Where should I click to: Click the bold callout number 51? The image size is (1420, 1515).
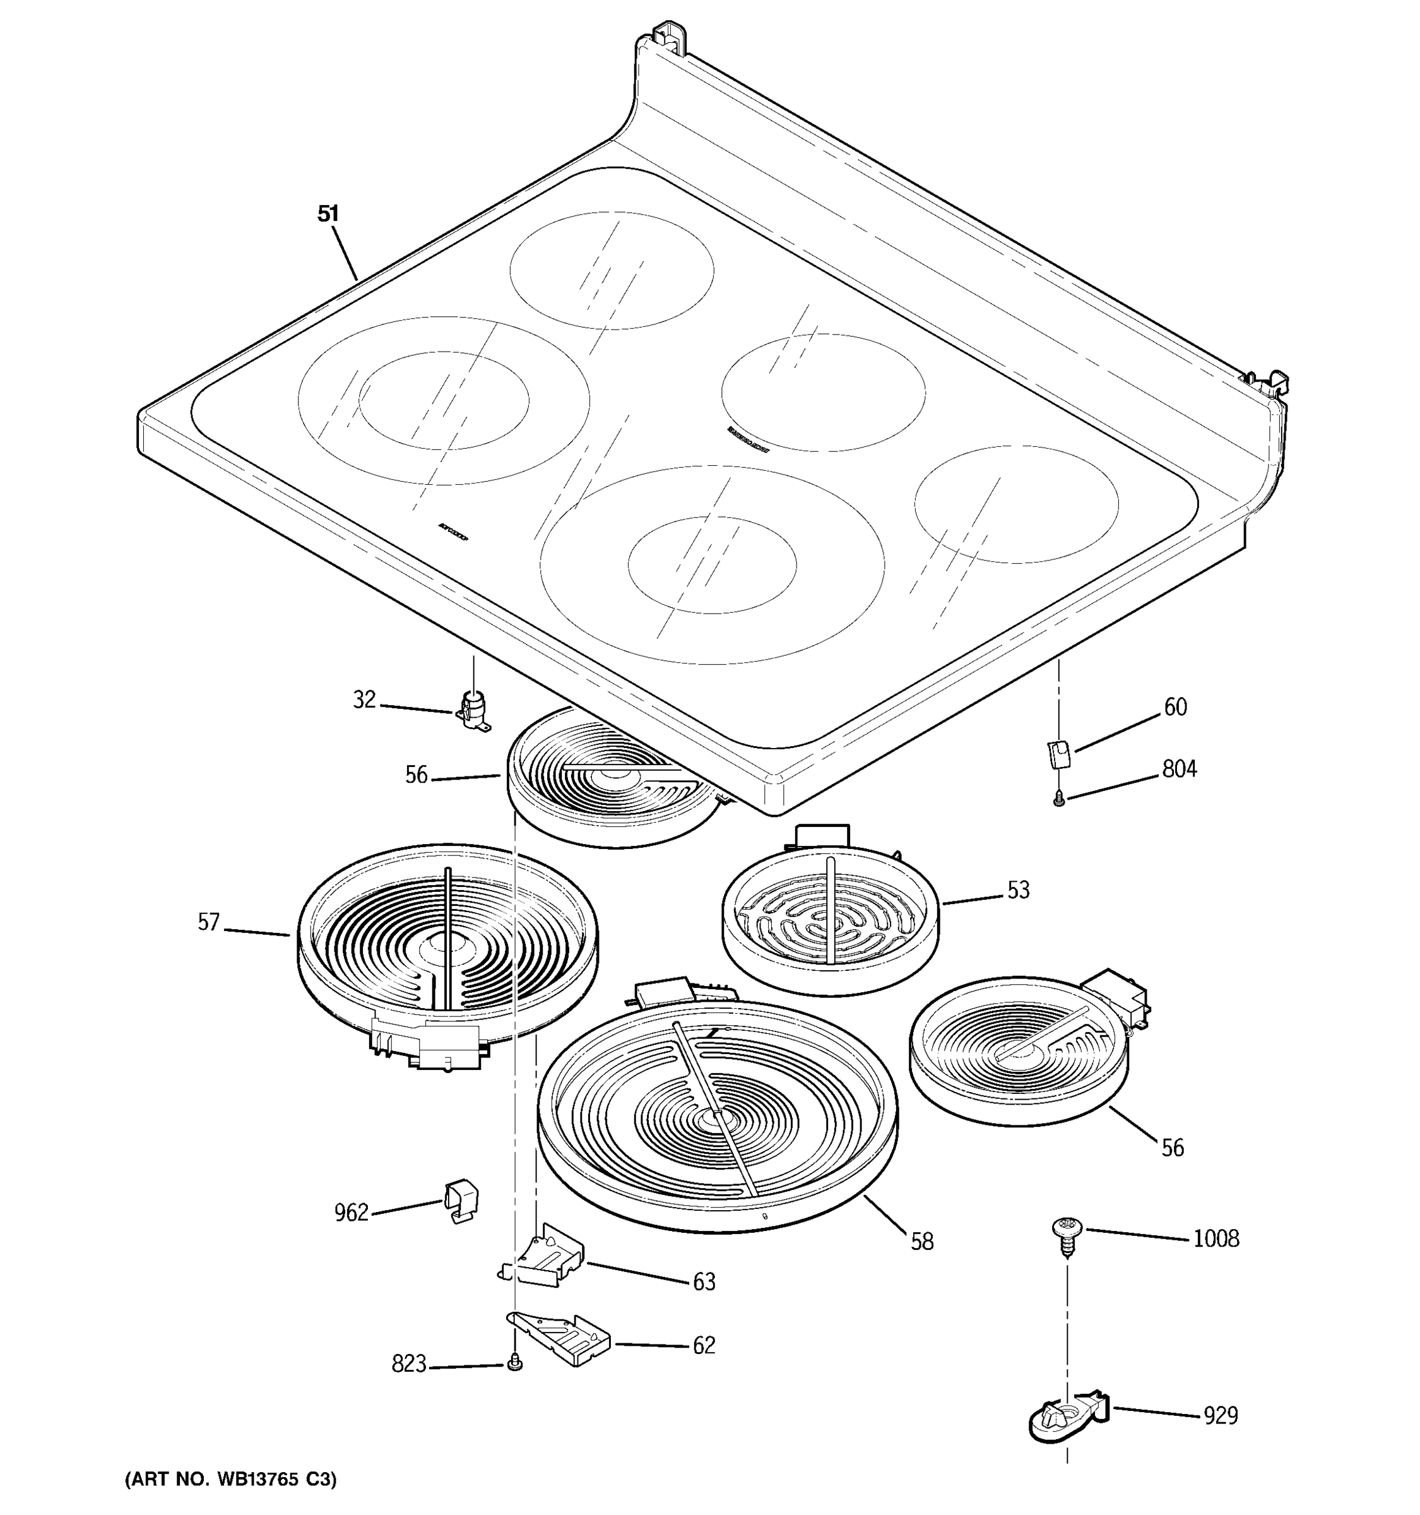328,214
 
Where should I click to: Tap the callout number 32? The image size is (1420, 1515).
364,699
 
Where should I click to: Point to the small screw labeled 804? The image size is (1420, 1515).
1058,799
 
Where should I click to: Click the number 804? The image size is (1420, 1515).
1180,769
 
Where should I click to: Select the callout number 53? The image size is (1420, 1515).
1018,890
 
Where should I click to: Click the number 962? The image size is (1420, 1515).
351,1213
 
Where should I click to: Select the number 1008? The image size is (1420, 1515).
1216,1239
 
